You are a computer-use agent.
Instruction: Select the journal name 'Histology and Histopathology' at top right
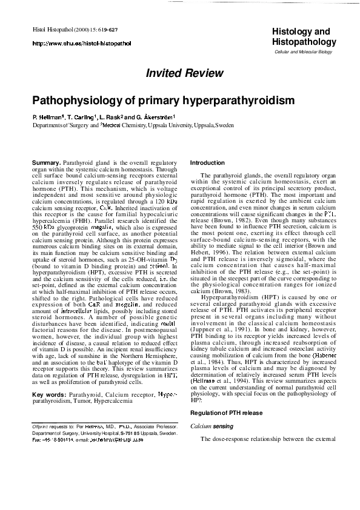point(304,36)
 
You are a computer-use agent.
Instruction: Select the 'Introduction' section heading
point(207,164)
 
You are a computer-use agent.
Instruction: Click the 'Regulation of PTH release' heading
point(226,412)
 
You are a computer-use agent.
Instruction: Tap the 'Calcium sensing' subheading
point(210,426)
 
